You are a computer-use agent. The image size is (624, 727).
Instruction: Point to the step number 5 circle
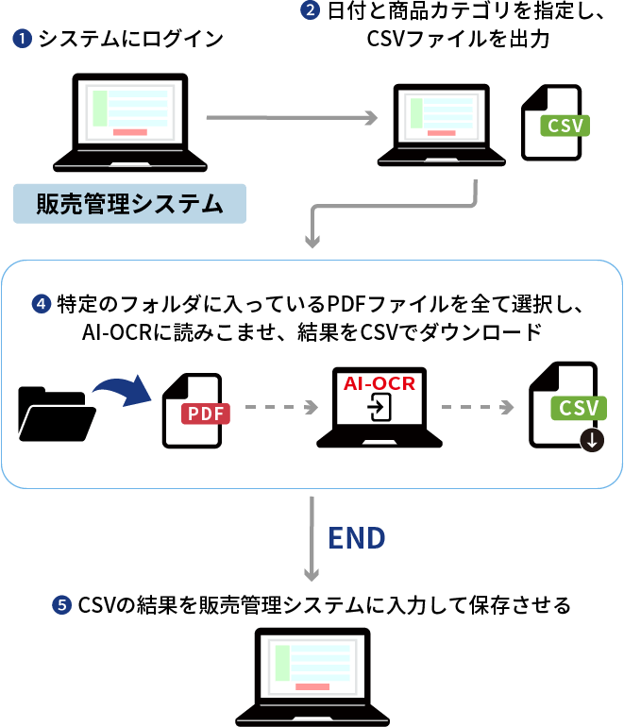click(x=63, y=605)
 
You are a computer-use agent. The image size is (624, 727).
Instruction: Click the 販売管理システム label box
click(x=129, y=203)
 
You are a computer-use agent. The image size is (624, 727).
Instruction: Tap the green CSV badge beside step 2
click(x=564, y=126)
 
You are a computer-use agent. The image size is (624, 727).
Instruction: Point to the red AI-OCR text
click(x=379, y=384)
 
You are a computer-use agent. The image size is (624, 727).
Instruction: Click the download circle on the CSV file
click(x=593, y=439)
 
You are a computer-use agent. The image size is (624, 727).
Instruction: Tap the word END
click(x=357, y=538)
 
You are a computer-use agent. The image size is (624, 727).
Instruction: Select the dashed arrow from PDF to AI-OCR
click(x=280, y=408)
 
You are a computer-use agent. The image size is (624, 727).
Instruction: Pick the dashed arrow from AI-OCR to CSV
click(x=478, y=408)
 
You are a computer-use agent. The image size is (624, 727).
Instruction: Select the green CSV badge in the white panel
click(x=579, y=408)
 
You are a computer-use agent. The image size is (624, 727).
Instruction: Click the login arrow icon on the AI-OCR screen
click(x=379, y=408)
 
